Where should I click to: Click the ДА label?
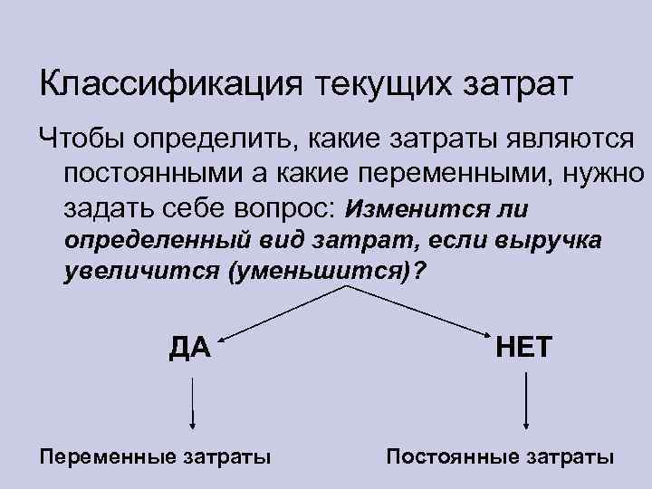(189, 347)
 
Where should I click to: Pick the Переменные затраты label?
(155, 455)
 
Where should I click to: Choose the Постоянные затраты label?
(500, 455)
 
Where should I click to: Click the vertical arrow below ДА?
(191, 403)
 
